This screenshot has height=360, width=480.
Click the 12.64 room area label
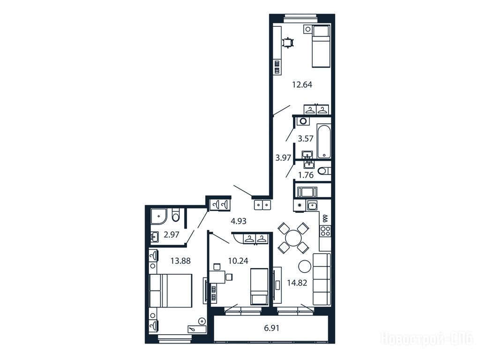302,85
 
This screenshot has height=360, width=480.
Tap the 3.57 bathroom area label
306,139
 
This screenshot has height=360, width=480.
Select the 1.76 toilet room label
306,175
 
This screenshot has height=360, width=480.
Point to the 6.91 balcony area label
271,328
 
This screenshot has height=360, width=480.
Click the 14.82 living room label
297,283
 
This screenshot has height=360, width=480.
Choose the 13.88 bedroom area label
180,261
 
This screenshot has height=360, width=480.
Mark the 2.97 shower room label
172,235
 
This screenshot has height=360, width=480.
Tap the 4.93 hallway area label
239,221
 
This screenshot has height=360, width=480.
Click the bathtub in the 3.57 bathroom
324,141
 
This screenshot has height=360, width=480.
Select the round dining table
293,238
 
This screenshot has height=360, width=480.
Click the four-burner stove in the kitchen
325,231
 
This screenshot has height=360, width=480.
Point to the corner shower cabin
159,216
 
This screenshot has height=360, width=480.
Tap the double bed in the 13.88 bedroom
171,291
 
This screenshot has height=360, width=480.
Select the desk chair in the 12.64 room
288,43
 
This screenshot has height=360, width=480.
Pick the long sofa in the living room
322,279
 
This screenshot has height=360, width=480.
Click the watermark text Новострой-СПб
427,339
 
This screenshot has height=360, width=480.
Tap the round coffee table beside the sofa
305,267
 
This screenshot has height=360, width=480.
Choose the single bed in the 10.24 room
259,286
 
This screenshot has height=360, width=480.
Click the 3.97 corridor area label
283,158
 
